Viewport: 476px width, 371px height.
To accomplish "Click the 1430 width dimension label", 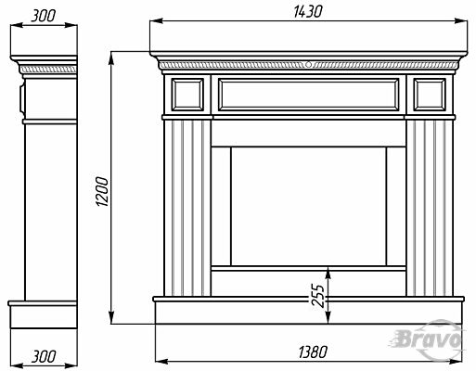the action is pos(307,12).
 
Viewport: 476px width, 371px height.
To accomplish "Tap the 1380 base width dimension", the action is pos(313,352).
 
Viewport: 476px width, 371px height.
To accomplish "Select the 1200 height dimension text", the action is pos(102,191).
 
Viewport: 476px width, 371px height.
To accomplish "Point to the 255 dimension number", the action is pos(317,295).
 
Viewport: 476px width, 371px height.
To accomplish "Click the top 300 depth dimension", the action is pos(44,16).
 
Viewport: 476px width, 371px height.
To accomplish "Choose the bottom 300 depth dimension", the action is pos(44,356).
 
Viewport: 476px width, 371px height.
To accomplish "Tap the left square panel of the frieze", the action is pos(187,95).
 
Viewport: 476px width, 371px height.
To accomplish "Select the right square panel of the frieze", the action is pos(430,95).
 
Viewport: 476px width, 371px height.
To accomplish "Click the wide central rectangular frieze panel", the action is pos(309,95).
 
